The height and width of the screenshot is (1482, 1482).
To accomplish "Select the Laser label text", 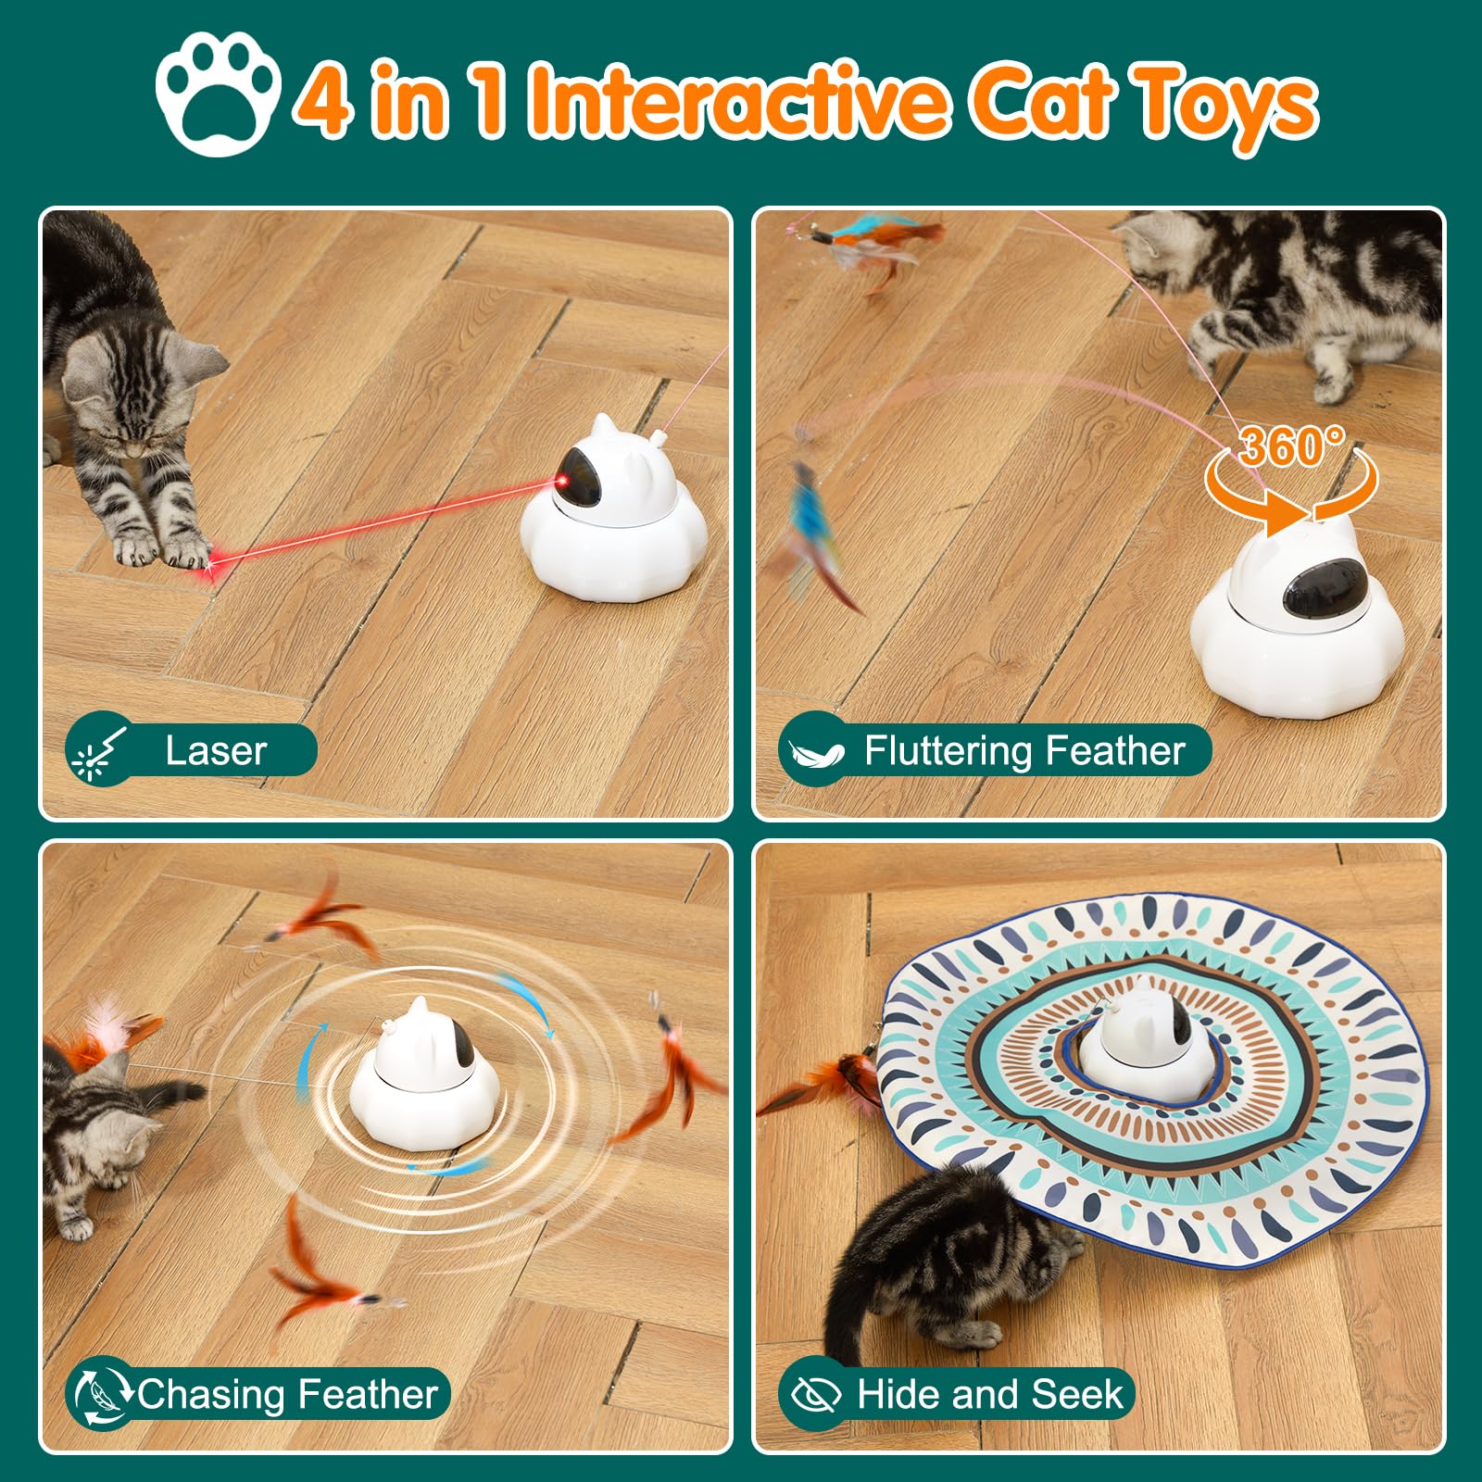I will (x=216, y=750).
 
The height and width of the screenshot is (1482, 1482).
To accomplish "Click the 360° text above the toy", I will (x=1291, y=447).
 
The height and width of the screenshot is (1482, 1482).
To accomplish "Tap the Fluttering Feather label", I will (x=1024, y=750).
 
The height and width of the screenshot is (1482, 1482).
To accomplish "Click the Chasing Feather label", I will (x=287, y=1394).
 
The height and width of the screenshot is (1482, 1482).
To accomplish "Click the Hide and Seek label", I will (x=989, y=1394).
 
